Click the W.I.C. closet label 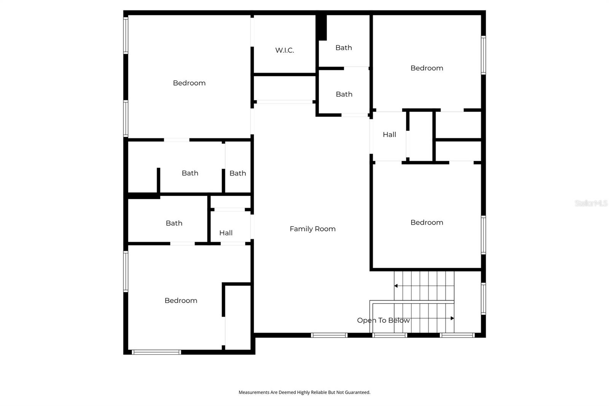284,50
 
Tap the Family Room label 312,229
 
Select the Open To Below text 383,320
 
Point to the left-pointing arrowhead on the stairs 396,286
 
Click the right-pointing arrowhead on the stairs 452,318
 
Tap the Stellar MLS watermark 591,203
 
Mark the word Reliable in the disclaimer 319,392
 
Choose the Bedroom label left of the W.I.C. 189,83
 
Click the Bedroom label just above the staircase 427,222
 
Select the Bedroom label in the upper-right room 427,68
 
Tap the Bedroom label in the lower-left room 181,301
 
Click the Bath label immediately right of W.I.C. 343,48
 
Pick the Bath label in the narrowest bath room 238,173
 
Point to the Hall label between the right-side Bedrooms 389,134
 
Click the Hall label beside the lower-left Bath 226,233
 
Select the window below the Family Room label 329,335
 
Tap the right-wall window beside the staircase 483,298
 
